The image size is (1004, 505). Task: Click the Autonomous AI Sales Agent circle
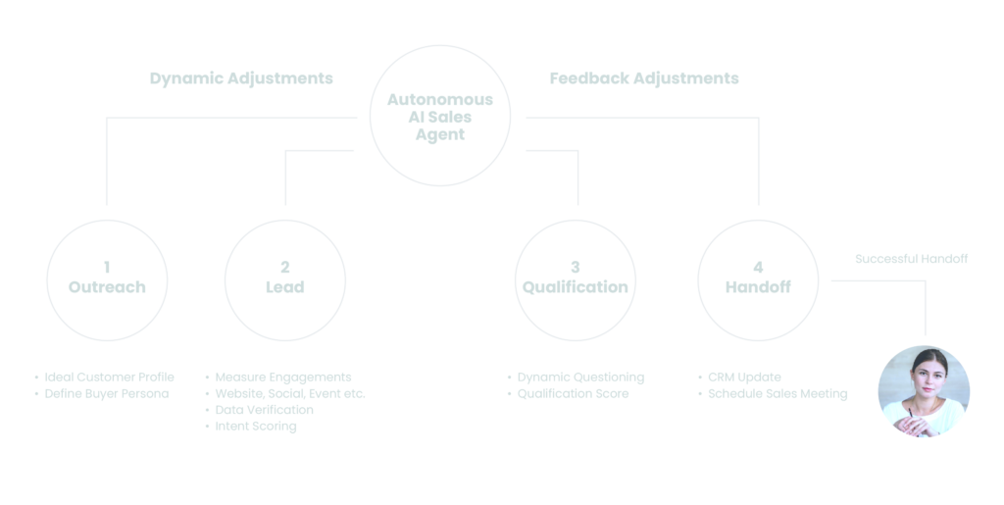point(439,117)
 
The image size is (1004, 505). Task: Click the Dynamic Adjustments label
point(241,78)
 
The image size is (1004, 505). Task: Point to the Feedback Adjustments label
point(644,78)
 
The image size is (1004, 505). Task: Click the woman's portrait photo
point(924,390)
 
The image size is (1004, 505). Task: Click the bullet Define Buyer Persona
point(107,393)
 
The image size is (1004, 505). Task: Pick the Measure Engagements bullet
point(282,377)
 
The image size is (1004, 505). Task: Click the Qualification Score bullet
point(573,393)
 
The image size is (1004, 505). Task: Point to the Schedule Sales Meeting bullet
point(777,393)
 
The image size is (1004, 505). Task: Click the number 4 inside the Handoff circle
point(758,267)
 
